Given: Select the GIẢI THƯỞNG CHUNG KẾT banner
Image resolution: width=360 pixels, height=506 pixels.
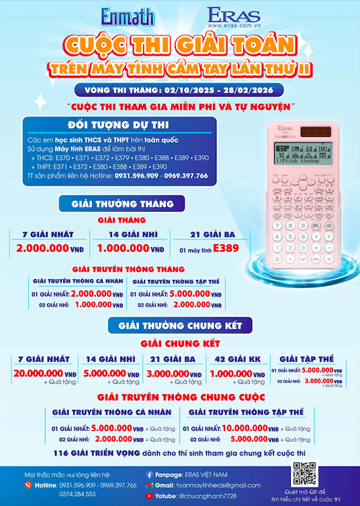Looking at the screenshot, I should (180, 326).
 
